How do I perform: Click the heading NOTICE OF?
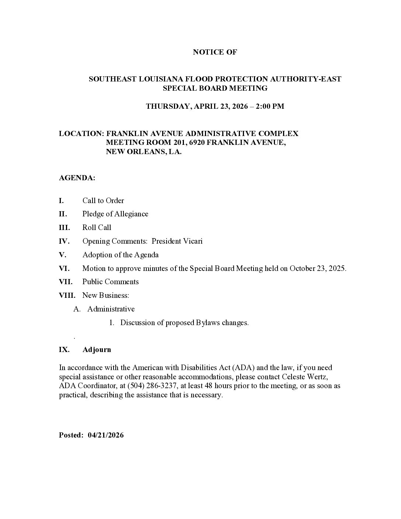[x=215, y=52]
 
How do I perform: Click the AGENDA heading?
[x=77, y=178]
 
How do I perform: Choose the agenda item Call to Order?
[x=103, y=201]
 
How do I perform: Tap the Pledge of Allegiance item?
[x=115, y=214]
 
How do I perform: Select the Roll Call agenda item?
[x=97, y=228]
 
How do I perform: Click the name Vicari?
[x=192, y=241]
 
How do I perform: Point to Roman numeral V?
[x=62, y=255]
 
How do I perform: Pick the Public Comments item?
[x=111, y=282]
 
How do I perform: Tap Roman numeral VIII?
[x=67, y=296]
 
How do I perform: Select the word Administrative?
[x=111, y=309]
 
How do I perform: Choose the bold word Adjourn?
[x=97, y=350]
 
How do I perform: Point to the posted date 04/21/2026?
[x=106, y=435]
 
